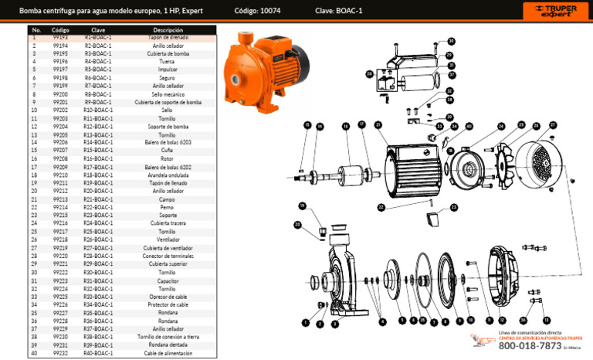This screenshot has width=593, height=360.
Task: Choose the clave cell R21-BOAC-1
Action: (x=98, y=199)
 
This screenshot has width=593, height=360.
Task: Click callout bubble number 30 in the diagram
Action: (x=451, y=41)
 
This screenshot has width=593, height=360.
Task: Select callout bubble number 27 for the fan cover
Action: (x=552, y=124)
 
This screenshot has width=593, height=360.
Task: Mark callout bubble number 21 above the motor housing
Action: (x=378, y=125)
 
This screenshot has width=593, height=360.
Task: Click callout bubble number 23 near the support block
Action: (x=453, y=207)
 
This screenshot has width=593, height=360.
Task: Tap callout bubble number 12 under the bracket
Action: (x=503, y=320)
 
